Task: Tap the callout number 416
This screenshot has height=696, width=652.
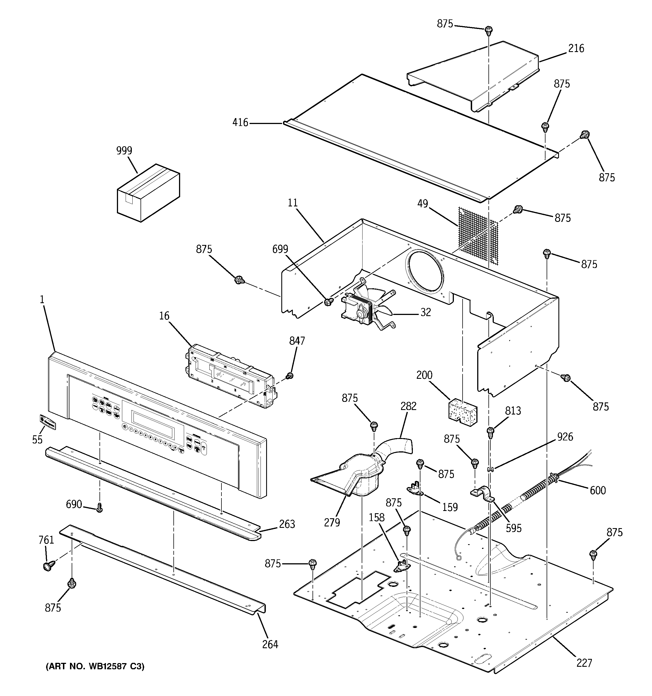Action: [x=240, y=123]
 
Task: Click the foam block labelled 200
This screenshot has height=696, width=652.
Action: [x=463, y=409]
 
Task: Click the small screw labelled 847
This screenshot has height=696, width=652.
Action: [x=289, y=376]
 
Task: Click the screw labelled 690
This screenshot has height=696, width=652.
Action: [x=99, y=508]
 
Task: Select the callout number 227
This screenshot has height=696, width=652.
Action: [x=584, y=663]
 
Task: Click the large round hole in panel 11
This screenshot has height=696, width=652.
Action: [x=424, y=272]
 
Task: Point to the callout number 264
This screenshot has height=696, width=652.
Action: [x=270, y=644]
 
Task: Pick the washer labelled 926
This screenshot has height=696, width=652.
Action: [x=490, y=469]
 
